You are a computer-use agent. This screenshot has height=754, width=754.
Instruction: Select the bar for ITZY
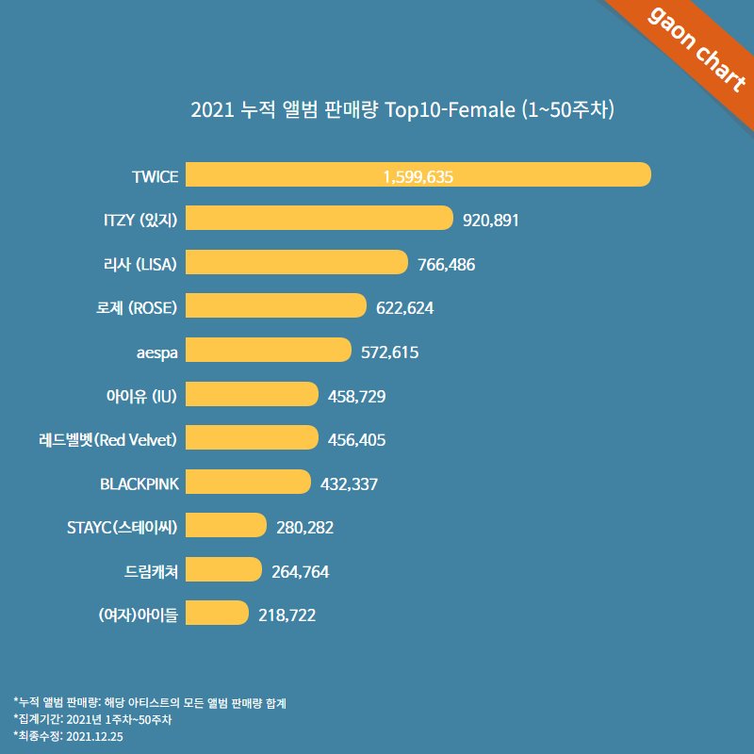(x=320, y=219)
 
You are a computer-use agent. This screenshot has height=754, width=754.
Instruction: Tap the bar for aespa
(x=268, y=351)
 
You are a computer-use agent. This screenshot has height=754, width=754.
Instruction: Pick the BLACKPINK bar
(x=248, y=482)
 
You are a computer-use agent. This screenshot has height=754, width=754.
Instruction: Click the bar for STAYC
(x=226, y=525)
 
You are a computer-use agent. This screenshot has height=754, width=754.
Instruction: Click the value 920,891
(x=492, y=220)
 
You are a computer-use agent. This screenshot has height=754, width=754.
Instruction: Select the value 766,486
(x=446, y=264)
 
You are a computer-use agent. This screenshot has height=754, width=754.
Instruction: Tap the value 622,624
(x=404, y=307)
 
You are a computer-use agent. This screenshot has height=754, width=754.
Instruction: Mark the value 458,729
(x=356, y=395)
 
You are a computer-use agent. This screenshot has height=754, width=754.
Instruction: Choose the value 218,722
(x=287, y=615)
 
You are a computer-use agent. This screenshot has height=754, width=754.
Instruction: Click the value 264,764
(x=300, y=570)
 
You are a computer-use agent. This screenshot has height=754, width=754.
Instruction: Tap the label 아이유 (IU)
(x=142, y=395)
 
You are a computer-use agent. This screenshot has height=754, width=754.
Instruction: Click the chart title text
(x=402, y=109)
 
